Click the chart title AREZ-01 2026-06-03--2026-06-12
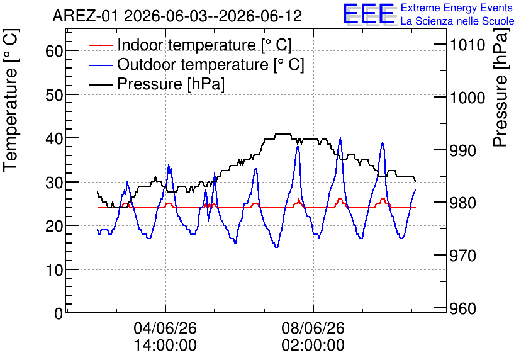177,16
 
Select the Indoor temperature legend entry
190,45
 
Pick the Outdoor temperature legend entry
196,64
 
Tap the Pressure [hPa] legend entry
157,84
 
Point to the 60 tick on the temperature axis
54,51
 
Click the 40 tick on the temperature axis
54,138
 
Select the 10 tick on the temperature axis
54,270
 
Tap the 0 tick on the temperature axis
59,313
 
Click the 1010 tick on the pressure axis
467,45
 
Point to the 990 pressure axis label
463,150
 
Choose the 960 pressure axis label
463,308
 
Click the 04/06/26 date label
165,328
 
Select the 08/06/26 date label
313,328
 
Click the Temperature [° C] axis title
11,100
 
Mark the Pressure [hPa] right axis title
501,87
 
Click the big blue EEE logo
368,13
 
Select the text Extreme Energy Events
457,8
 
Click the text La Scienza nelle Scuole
457,21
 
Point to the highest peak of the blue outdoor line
340,138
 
